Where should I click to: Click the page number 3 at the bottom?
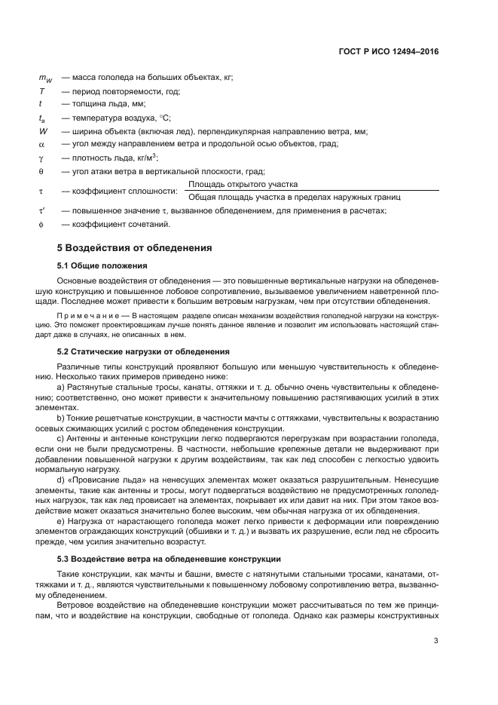(x=436, y=642)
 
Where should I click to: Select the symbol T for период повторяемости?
(x=41, y=90)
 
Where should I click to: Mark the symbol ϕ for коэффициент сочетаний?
(x=41, y=224)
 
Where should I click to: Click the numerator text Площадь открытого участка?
(x=243, y=184)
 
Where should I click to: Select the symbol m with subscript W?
(x=44, y=78)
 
